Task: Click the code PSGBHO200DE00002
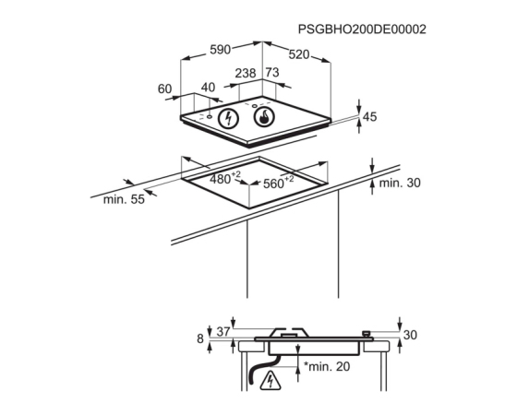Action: (x=362, y=30)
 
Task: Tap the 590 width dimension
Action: (x=221, y=50)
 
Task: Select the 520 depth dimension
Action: (x=299, y=54)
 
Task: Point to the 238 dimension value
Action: (x=246, y=73)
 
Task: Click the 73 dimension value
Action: (x=272, y=72)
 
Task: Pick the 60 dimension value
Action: (x=165, y=89)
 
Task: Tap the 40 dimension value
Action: (x=208, y=88)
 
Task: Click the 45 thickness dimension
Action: (x=369, y=117)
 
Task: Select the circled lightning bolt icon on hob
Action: (x=229, y=118)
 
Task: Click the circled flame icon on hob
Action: (x=264, y=117)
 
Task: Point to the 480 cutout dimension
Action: (x=225, y=178)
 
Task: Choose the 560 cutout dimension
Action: (x=278, y=182)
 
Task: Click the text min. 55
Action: (x=124, y=199)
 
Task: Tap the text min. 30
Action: (x=400, y=184)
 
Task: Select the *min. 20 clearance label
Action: (x=327, y=366)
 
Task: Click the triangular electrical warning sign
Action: (x=271, y=382)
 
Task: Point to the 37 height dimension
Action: (x=223, y=332)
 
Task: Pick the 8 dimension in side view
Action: (x=200, y=338)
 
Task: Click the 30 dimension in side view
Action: (x=410, y=335)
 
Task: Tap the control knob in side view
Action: (x=367, y=334)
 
